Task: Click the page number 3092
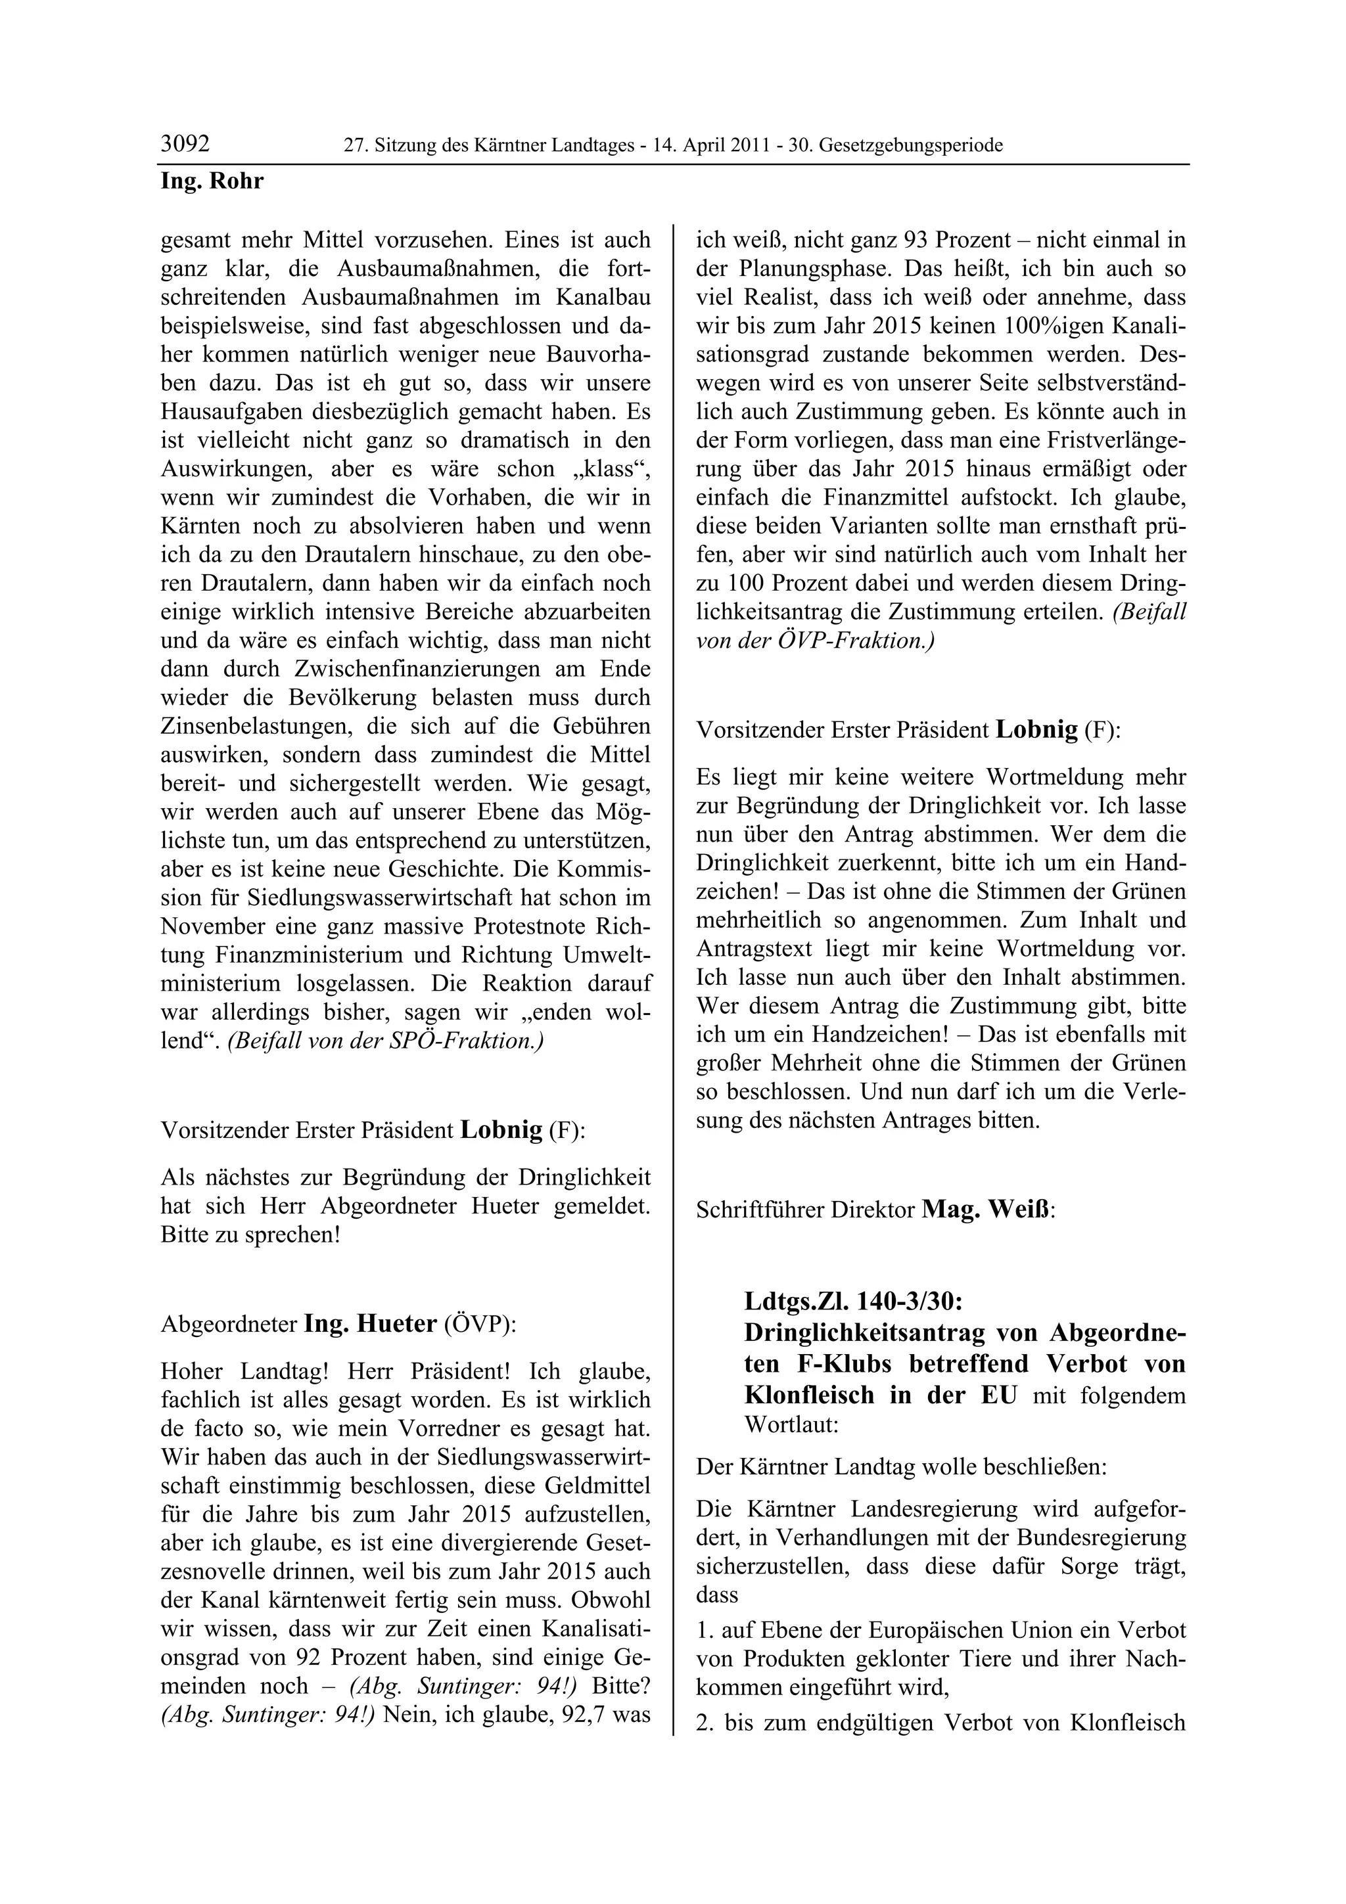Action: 185,145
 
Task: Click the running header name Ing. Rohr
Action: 212,181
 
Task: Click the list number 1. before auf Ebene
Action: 705,1630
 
